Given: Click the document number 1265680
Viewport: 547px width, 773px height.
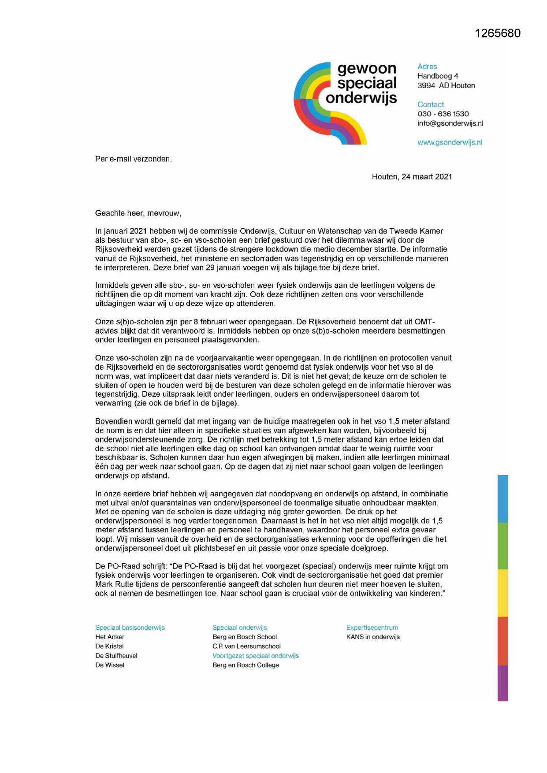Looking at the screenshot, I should pos(498,33).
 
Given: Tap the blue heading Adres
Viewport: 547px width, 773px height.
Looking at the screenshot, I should pos(427,67).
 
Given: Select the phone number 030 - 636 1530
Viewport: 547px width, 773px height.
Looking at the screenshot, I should pos(443,114).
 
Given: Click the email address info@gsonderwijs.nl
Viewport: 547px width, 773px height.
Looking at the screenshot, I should pos(450,123).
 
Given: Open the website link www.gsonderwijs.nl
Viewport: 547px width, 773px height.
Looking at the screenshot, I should pos(450,142).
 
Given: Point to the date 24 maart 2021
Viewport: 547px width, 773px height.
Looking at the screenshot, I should pos(427,177).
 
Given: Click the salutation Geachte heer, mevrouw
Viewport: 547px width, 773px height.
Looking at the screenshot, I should pos(138,213).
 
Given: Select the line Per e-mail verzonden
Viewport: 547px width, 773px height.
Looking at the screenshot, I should pos(133,159).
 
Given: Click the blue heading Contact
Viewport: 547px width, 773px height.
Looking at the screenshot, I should pos(430,104).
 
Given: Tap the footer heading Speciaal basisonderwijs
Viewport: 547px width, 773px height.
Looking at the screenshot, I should pos(130,628).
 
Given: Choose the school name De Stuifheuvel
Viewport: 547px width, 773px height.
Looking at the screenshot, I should pos(116,656).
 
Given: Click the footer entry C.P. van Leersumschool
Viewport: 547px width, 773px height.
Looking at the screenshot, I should pos(246,646).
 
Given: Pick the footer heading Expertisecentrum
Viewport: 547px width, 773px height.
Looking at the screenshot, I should pos(372,628).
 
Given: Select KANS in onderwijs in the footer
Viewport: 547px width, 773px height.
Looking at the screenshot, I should pos(373,637).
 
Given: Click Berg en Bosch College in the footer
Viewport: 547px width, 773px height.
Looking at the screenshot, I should pos(246,665).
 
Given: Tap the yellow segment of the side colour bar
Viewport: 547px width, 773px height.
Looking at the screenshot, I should pos(502,593).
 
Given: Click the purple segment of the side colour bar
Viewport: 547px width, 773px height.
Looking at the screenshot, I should pos(502,683).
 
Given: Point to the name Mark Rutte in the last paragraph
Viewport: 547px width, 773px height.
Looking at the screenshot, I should pos(114,584).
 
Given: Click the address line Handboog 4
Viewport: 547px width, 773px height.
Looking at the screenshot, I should pos(438,76).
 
